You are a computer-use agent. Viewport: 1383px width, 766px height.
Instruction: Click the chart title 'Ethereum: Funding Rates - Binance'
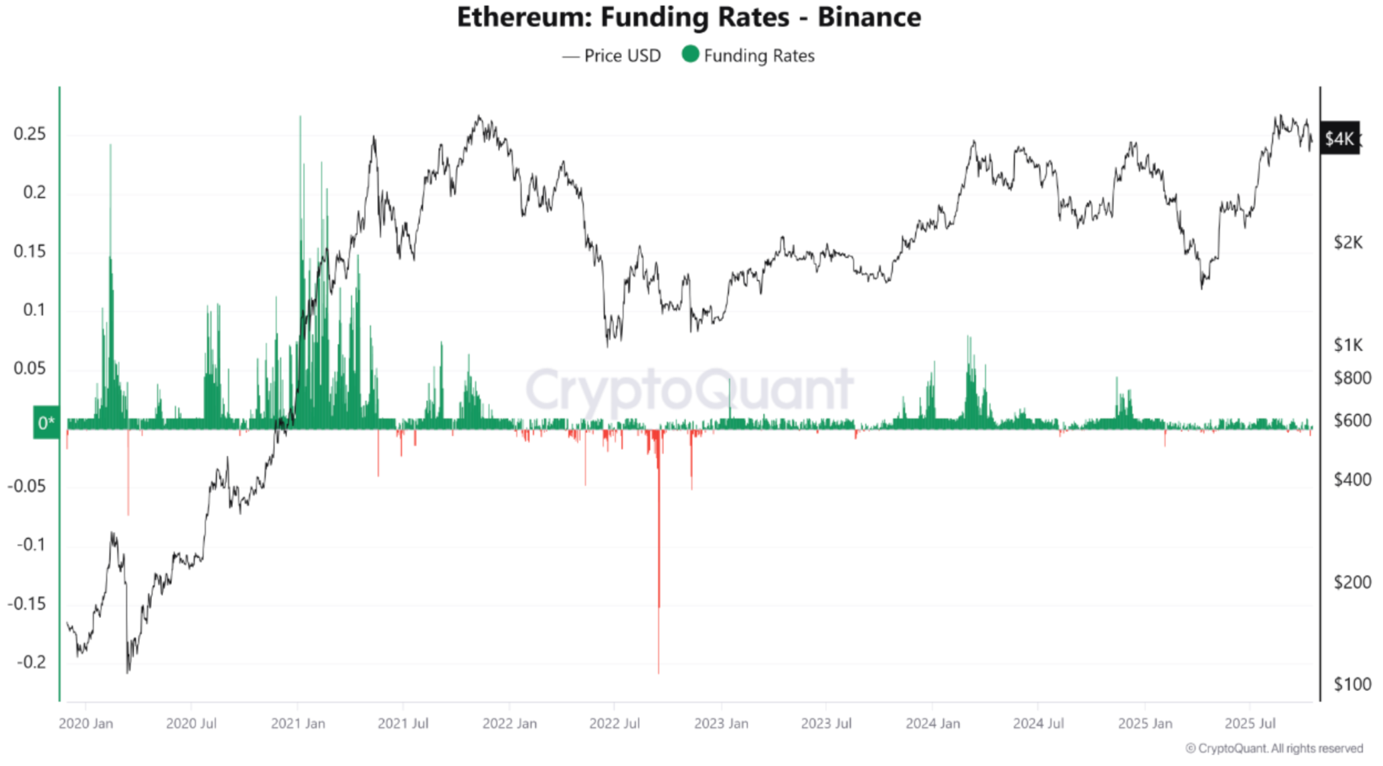689,17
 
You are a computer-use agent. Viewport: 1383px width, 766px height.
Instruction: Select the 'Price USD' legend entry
611,56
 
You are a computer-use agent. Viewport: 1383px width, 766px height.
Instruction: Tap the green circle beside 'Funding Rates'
690,54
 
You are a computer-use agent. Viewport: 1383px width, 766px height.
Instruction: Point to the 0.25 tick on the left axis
30,134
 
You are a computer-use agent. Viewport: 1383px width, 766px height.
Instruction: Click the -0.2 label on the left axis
31,662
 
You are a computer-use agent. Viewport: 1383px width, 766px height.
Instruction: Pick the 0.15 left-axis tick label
30,251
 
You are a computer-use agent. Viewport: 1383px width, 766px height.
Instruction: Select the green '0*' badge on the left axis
46,423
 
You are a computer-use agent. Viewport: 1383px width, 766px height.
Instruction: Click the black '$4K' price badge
1339,139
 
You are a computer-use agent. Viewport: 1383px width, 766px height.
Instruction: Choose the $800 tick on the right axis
1352,378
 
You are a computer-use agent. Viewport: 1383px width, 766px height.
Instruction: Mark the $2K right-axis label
1348,242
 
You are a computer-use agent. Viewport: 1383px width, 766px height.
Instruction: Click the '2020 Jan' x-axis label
86,724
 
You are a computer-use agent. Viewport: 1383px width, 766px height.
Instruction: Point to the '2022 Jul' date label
615,724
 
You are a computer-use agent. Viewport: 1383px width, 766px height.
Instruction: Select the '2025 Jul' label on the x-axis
1250,724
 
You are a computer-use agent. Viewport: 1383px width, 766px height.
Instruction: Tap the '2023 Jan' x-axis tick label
721,724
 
